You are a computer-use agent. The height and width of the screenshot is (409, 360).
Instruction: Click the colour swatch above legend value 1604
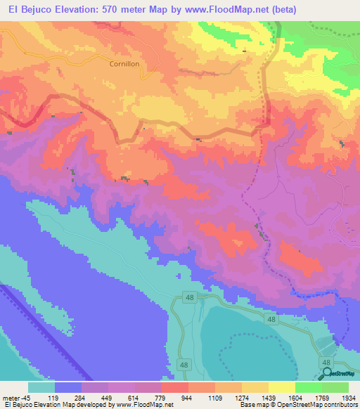tap(281, 387)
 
